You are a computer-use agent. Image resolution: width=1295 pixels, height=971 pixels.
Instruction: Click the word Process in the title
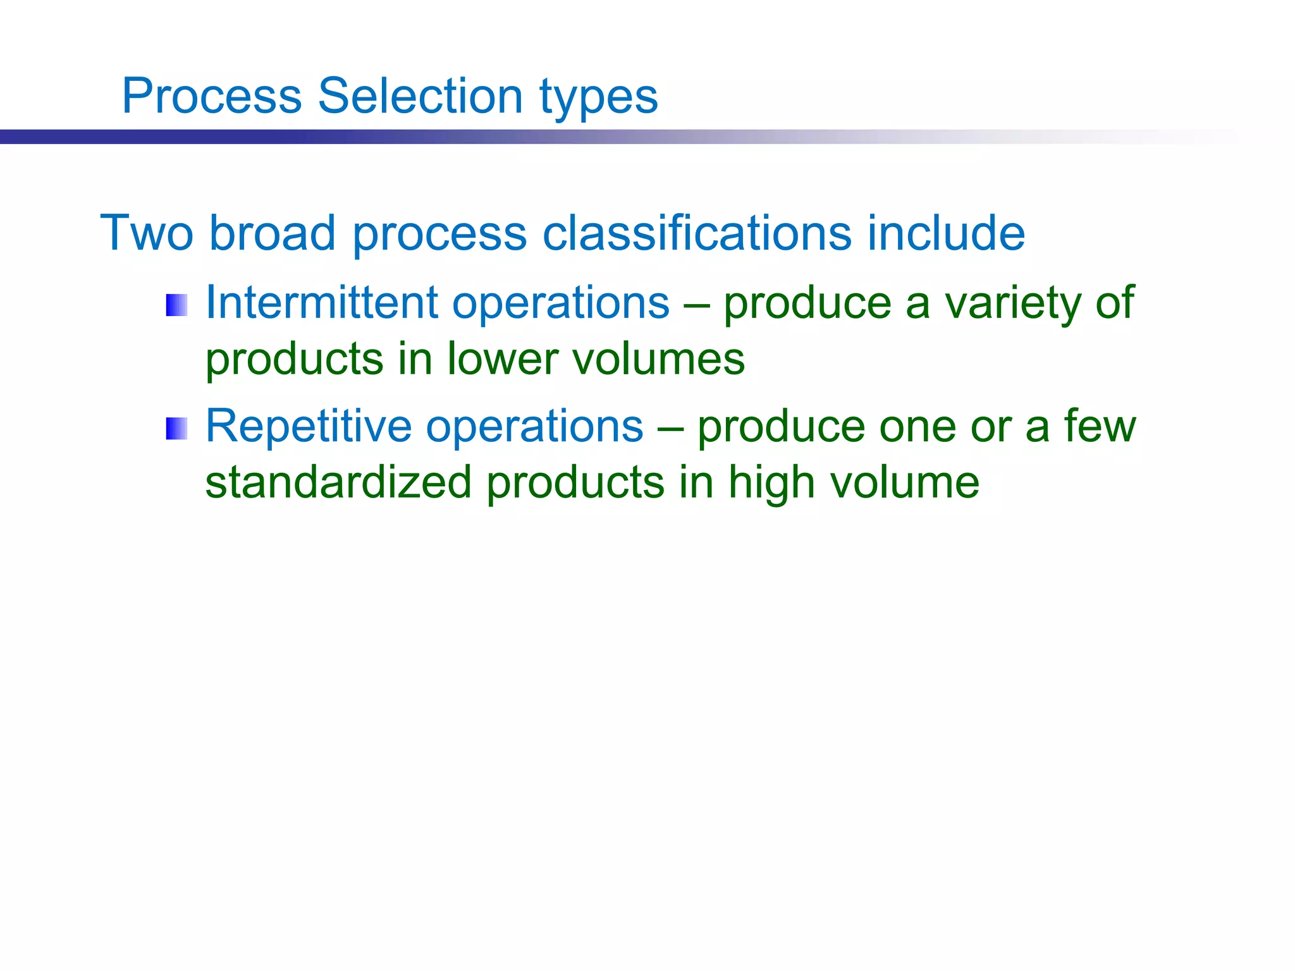click(212, 96)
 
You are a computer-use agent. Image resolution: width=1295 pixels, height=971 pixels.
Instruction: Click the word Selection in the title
click(419, 96)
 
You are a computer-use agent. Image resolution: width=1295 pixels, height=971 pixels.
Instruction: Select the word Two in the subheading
click(147, 233)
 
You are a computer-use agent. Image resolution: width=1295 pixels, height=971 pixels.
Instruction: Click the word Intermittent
click(321, 302)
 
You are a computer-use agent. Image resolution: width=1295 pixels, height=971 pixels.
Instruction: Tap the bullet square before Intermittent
click(176, 305)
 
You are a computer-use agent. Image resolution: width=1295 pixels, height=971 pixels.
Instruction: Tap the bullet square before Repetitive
click(176, 429)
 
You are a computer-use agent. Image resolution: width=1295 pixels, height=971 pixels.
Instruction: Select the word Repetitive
click(309, 425)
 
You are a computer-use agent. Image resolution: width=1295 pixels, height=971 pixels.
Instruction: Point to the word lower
click(503, 359)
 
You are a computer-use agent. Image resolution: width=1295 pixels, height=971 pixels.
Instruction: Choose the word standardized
click(338, 482)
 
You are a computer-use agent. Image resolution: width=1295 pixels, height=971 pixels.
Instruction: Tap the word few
click(1100, 425)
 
